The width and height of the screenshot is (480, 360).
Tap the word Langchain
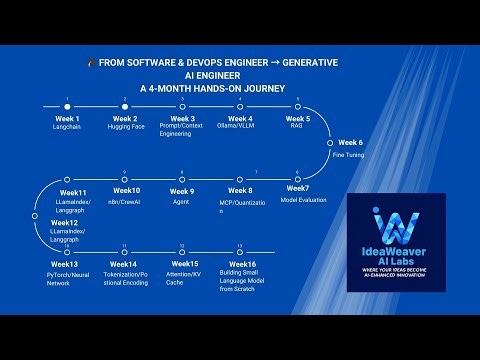[66, 127]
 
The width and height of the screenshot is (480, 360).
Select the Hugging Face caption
[125, 127]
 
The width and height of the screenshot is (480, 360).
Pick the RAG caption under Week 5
[296, 127]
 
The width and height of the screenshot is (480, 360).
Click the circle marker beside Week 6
[329, 143]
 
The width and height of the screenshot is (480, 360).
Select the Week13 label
[60, 264]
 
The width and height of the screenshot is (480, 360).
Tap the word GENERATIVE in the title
[310, 62]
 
